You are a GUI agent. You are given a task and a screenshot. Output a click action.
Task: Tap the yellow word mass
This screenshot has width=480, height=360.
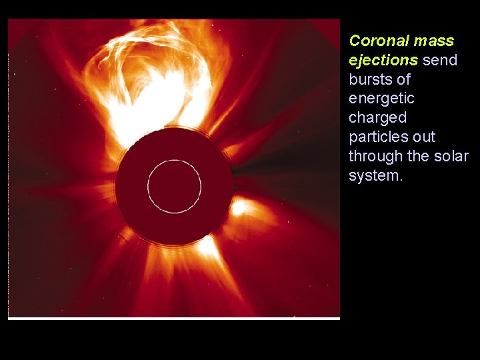[433, 41]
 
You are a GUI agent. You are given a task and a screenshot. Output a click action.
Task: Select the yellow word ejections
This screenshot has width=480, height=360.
[383, 60]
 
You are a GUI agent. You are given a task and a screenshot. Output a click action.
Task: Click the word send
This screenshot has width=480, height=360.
[440, 60]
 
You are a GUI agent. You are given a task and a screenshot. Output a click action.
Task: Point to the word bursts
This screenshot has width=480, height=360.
[369, 79]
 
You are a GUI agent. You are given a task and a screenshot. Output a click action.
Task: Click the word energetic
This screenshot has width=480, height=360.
[381, 99]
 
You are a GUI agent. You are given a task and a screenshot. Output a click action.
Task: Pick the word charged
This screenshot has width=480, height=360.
[377, 118]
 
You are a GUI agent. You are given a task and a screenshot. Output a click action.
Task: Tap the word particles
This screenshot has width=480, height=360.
[377, 137]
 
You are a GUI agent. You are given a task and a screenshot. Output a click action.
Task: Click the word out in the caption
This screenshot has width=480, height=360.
[424, 137]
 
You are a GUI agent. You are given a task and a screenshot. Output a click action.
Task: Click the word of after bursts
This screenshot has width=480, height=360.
[403, 79]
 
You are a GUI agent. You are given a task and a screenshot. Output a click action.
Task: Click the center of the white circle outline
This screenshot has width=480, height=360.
[174, 186]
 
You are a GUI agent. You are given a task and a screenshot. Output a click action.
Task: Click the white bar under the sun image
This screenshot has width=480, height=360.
[174, 319]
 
